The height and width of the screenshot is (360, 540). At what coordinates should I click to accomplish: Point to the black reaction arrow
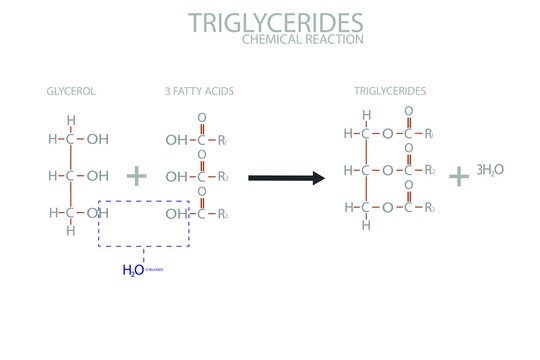pyautogui.click(x=287, y=178)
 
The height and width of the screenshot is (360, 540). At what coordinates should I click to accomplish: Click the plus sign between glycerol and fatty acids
pyautogui.click(x=136, y=176)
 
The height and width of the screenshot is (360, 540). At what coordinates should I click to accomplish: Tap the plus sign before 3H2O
pyautogui.click(x=459, y=175)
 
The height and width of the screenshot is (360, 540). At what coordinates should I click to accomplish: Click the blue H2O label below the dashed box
pyautogui.click(x=133, y=270)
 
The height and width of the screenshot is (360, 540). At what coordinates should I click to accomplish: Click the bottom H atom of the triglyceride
pyautogui.click(x=367, y=225)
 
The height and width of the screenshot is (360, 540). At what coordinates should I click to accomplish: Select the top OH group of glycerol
pyautogui.click(x=98, y=139)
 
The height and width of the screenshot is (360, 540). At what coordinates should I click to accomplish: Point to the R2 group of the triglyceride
pyautogui.click(x=429, y=171)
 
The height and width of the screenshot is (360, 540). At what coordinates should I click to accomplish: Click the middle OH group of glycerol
pyautogui.click(x=98, y=176)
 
